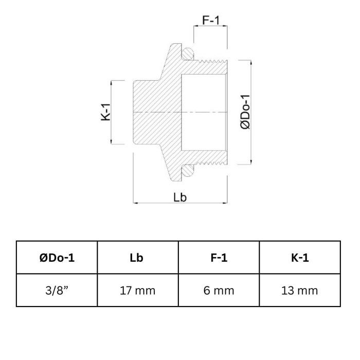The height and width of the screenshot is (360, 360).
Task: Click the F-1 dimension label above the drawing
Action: (x=211, y=21)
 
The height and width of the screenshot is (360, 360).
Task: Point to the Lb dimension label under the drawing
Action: (x=180, y=197)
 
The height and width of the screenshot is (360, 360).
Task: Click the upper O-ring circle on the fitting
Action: (x=189, y=53)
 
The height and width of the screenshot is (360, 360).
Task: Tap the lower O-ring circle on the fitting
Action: (x=189, y=170)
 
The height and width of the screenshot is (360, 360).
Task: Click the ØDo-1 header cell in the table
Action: (x=57, y=258)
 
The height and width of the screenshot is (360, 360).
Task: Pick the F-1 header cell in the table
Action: (x=219, y=258)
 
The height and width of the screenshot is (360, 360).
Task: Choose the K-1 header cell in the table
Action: (x=300, y=258)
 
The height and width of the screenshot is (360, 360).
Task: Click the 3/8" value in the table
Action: (x=57, y=291)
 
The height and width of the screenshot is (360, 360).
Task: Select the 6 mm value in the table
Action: (x=219, y=291)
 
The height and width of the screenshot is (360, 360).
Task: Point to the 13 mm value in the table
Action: (x=300, y=291)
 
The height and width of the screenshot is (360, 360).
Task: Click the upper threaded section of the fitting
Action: (x=211, y=65)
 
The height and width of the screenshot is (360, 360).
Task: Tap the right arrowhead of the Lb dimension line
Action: (x=226, y=204)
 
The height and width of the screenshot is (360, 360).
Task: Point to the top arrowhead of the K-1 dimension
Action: (x=112, y=82)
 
